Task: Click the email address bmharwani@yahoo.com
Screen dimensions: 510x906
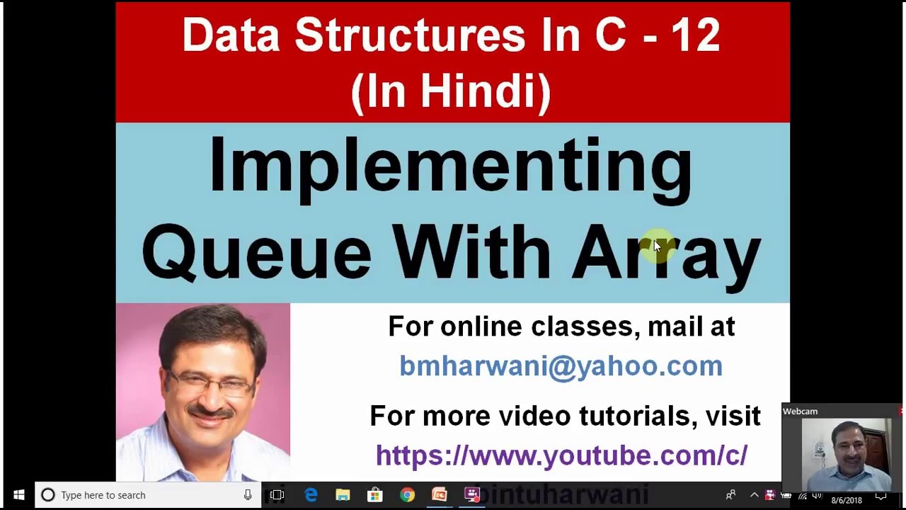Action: pyautogui.click(x=561, y=365)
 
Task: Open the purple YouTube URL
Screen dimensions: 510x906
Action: pyautogui.click(x=561, y=455)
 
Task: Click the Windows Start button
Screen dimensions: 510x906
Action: pyautogui.click(x=19, y=495)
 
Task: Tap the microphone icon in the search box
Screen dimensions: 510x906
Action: pyautogui.click(x=248, y=495)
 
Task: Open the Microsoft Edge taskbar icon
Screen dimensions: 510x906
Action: pyautogui.click(x=311, y=495)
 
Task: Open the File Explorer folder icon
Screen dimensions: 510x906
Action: pyautogui.click(x=343, y=495)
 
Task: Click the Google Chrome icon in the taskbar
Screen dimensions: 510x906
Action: pyautogui.click(x=407, y=495)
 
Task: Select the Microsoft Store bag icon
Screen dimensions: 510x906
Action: pyautogui.click(x=374, y=495)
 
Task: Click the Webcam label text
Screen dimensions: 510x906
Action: pyautogui.click(x=800, y=412)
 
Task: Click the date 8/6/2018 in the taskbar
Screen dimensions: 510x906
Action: pyautogui.click(x=847, y=500)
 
